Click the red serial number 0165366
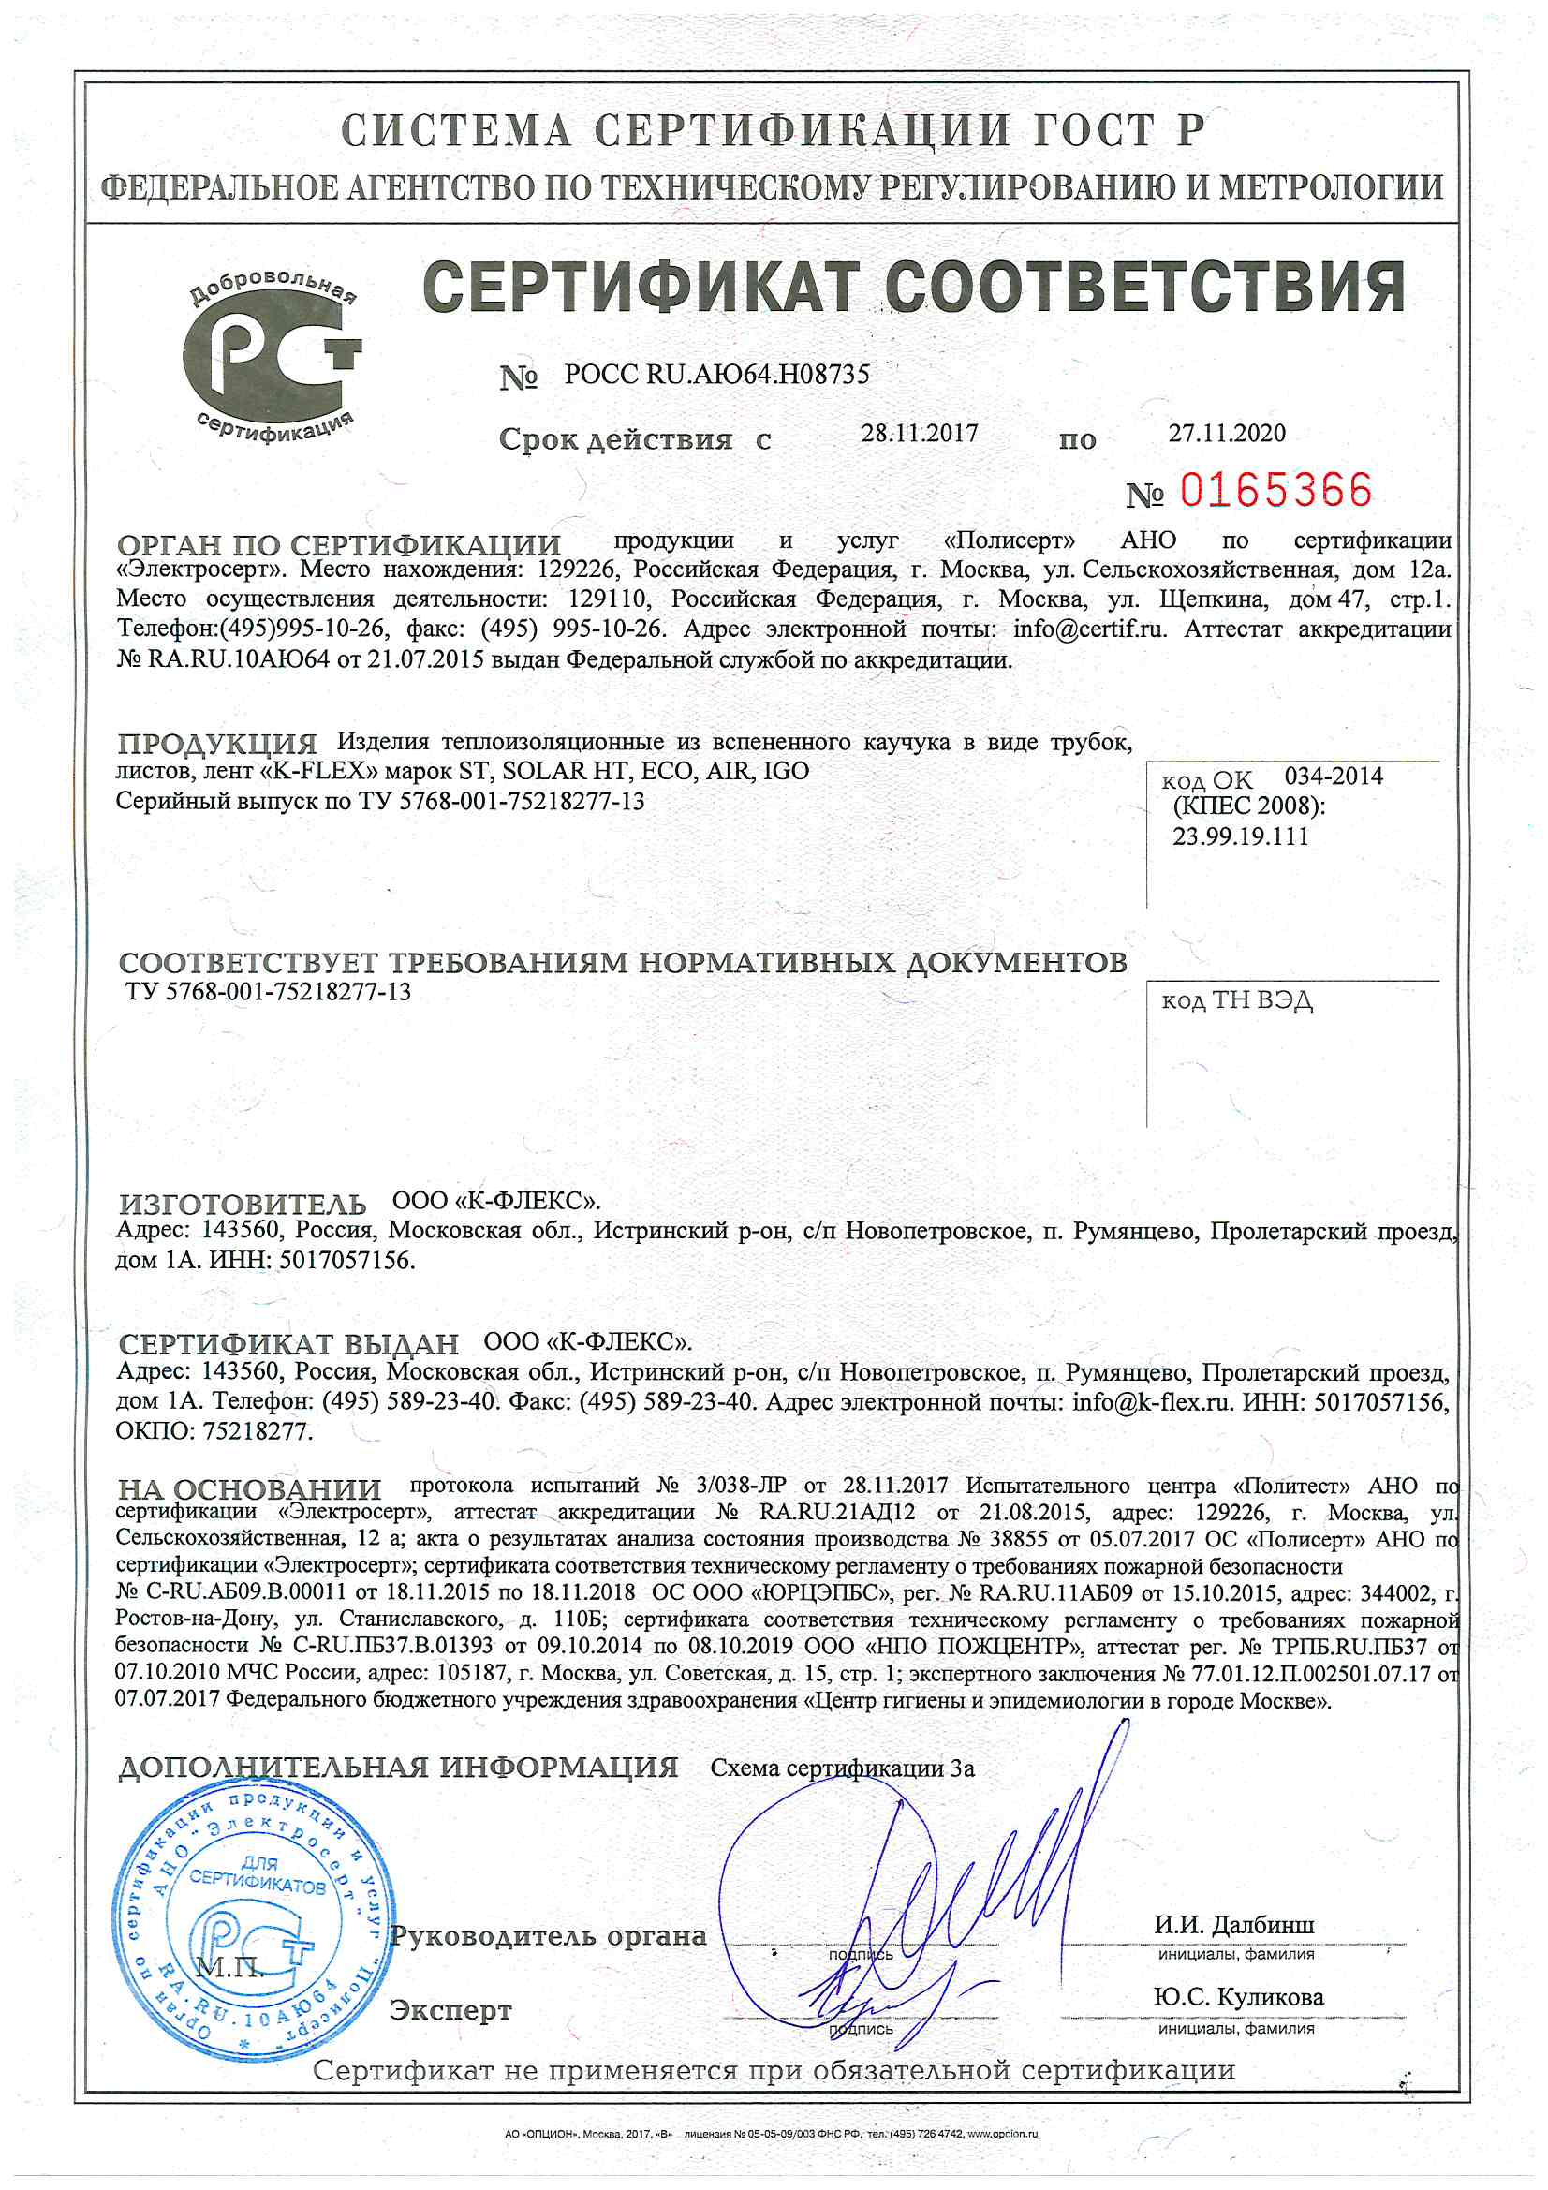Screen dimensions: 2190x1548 pos(1275,490)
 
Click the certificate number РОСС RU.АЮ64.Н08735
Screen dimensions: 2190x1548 pos(716,375)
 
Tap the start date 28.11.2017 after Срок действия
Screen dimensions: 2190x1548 pos(919,434)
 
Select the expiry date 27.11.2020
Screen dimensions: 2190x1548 pos(1227,434)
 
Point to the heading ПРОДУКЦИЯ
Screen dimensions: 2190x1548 pos(217,743)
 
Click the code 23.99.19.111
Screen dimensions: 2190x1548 pos(1240,836)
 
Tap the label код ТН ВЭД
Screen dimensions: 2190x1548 pos(1236,1000)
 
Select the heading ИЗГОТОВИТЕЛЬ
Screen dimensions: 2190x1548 pos(243,1205)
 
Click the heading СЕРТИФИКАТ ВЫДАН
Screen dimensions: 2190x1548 pos(288,1345)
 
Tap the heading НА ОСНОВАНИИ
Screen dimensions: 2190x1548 pos(249,1490)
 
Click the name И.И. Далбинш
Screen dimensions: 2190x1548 pos(1233,1925)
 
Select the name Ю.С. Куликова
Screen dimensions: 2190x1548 pos(1238,1997)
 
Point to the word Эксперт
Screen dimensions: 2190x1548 pos(450,2011)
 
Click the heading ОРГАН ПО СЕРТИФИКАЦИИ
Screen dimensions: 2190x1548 pos(339,545)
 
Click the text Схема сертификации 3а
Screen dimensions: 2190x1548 pos(842,1768)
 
